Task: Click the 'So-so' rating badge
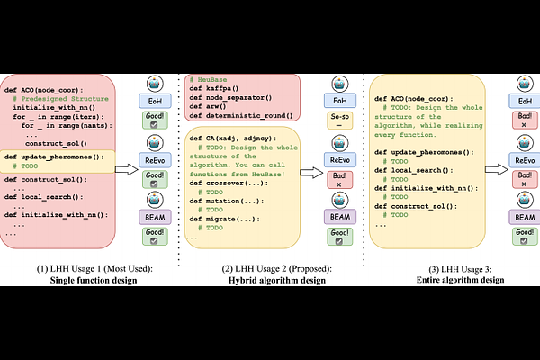click(x=340, y=122)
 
